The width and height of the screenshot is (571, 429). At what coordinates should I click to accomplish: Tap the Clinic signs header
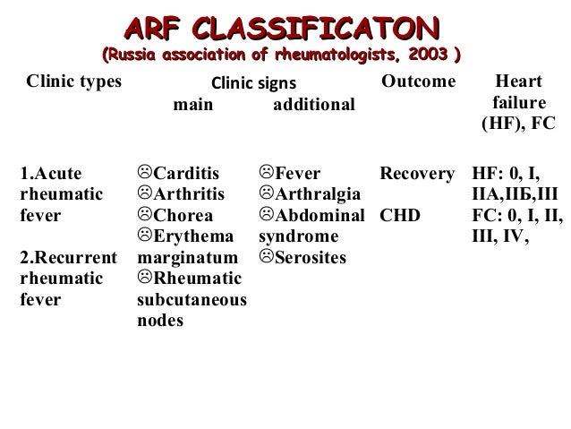pos(252,86)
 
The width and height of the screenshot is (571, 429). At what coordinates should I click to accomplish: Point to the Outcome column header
pos(418,82)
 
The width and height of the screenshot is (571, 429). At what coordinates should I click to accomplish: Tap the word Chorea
pos(183,216)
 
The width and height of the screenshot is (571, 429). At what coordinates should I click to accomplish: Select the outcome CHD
pos(399,216)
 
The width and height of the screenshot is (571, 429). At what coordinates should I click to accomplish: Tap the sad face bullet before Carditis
pos(145,170)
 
